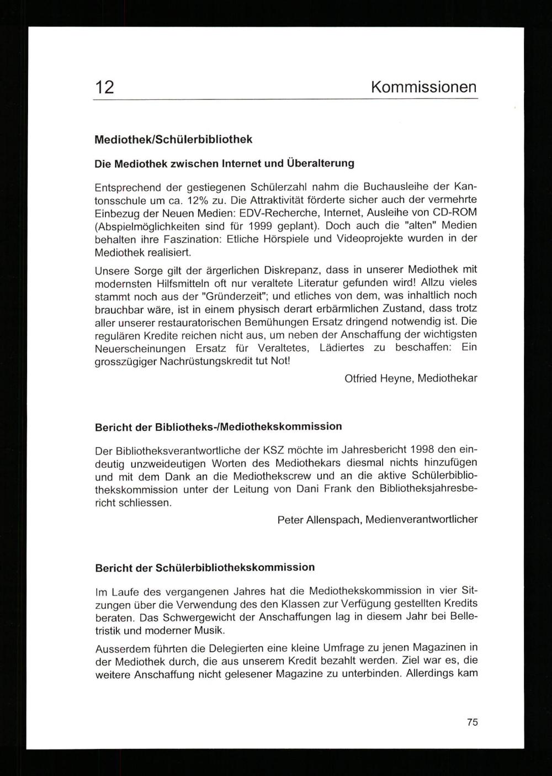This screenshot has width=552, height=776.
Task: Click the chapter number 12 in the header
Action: (x=105, y=87)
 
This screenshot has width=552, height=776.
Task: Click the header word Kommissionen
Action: (x=423, y=87)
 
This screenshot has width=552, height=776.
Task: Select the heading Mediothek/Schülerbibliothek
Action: (x=173, y=139)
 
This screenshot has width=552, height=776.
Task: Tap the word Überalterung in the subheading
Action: (x=320, y=163)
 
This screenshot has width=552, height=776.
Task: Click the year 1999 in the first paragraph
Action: (x=263, y=226)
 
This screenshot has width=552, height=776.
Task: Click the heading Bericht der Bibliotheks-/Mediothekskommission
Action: (x=218, y=427)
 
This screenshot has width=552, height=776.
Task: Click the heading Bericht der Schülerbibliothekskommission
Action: (x=205, y=568)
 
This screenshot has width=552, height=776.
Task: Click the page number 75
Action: (x=472, y=722)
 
